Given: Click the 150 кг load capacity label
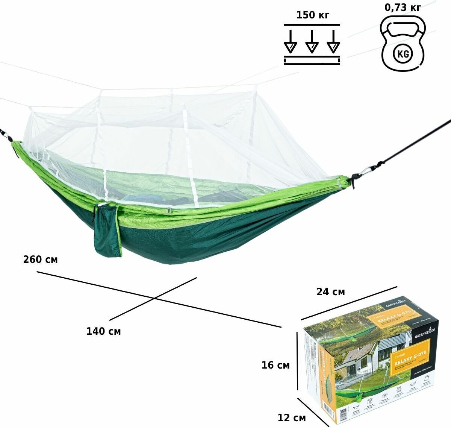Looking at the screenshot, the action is [312, 15].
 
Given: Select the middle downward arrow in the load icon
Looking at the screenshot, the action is [312, 42].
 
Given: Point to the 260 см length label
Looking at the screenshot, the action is [40, 260].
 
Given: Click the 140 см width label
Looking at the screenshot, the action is [103, 331].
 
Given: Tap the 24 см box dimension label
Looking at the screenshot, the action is [330, 291].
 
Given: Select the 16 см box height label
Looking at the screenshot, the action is [275, 365].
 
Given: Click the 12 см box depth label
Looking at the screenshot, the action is [292, 417].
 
